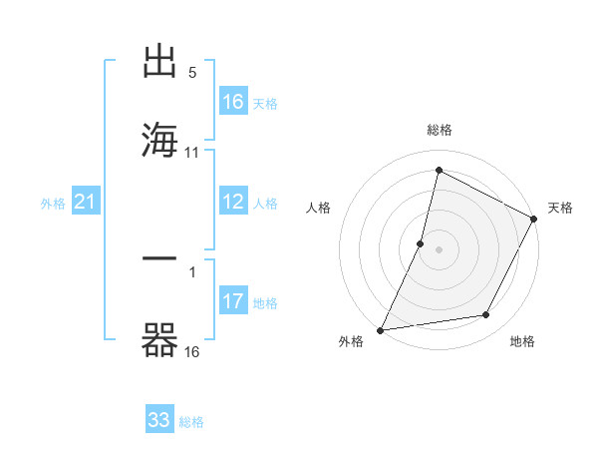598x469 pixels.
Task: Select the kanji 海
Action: [160, 138]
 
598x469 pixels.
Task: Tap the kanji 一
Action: [160, 259]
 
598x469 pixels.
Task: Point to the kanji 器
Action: [160, 339]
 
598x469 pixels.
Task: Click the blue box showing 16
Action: [233, 102]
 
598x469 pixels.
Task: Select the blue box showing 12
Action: [233, 202]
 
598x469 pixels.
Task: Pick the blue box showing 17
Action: [233, 301]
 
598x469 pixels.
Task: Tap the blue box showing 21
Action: [86, 203]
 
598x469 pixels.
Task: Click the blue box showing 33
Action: [159, 420]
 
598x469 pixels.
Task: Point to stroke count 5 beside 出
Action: [192, 73]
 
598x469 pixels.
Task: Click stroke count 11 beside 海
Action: [192, 153]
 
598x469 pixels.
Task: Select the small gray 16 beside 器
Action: [192, 352]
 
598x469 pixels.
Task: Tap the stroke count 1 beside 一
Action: [192, 270]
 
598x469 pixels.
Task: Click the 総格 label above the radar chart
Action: [439, 130]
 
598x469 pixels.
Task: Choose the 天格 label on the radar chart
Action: [561, 208]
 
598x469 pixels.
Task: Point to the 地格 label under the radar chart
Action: [522, 342]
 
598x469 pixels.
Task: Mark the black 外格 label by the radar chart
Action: [351, 342]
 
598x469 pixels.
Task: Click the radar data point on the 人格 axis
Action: [421, 242]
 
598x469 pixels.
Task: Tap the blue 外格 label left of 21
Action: [53, 204]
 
